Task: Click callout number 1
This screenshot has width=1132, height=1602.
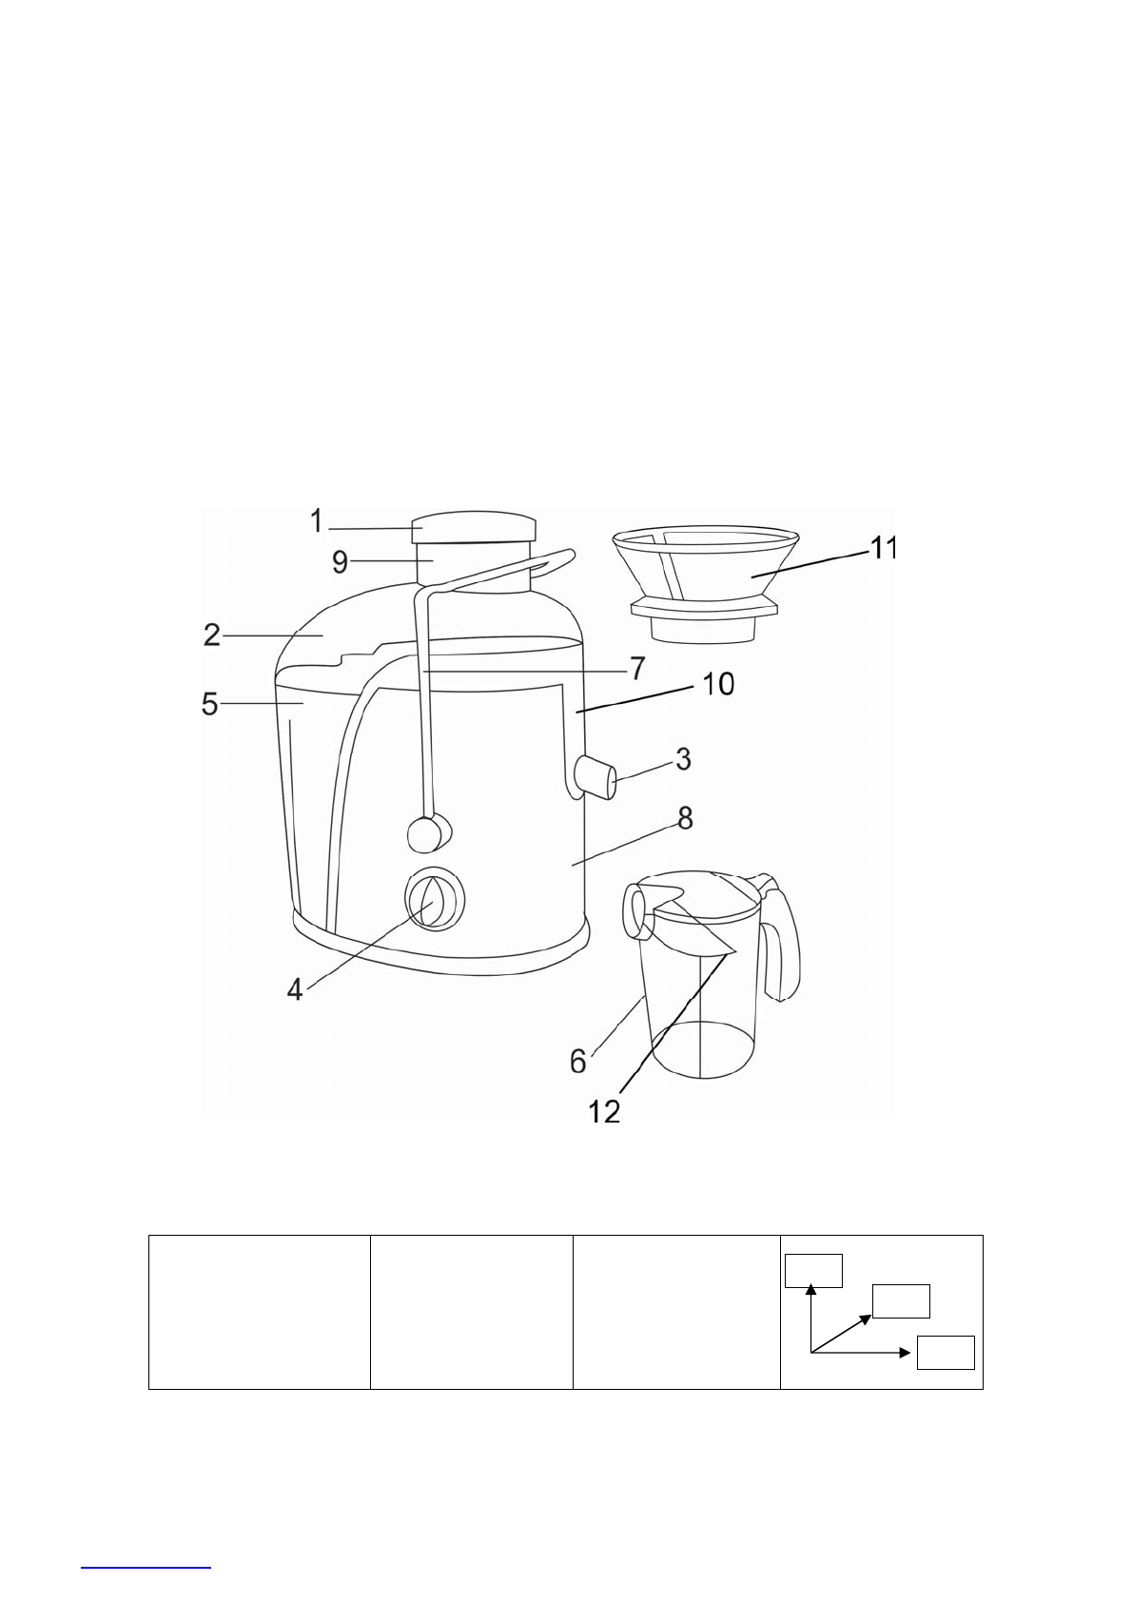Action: (317, 520)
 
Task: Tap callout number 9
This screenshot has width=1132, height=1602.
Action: (341, 562)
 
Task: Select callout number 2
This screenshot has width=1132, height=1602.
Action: (212, 635)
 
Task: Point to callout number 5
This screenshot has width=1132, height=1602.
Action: (209, 704)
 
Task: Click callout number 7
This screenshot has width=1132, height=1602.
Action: (637, 669)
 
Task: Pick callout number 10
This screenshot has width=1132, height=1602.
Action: (718, 684)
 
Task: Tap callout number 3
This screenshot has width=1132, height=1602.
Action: (683, 759)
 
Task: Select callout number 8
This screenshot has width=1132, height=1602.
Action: (685, 818)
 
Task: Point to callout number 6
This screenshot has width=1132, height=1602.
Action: (577, 1062)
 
